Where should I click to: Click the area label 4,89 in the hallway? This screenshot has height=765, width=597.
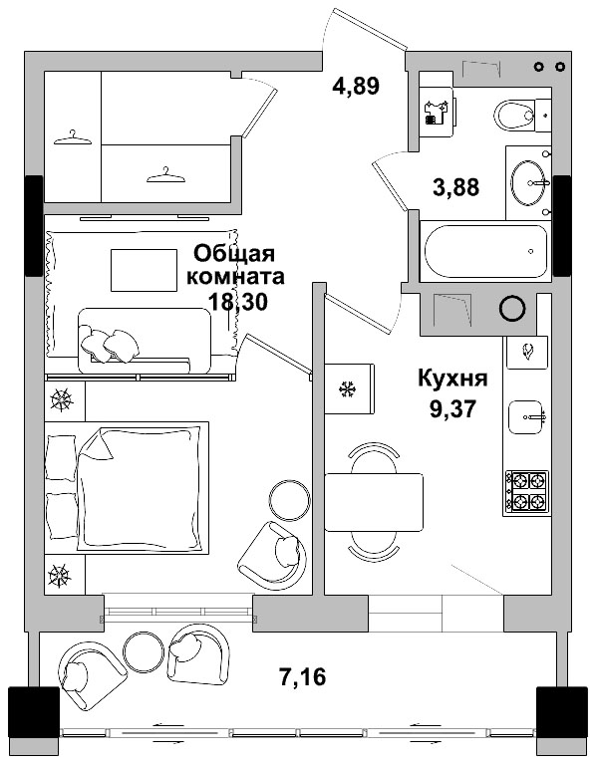(x=356, y=86)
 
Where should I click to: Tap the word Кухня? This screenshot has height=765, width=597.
(x=451, y=379)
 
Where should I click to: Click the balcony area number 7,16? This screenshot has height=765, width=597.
(x=301, y=677)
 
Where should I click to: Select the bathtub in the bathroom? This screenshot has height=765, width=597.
(x=485, y=252)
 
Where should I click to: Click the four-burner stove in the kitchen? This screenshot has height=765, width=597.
(x=526, y=490)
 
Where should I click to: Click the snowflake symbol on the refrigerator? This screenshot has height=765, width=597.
(x=349, y=387)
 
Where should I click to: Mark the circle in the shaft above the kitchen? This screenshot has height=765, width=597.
(x=512, y=309)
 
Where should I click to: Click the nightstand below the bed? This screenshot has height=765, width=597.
(x=63, y=575)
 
